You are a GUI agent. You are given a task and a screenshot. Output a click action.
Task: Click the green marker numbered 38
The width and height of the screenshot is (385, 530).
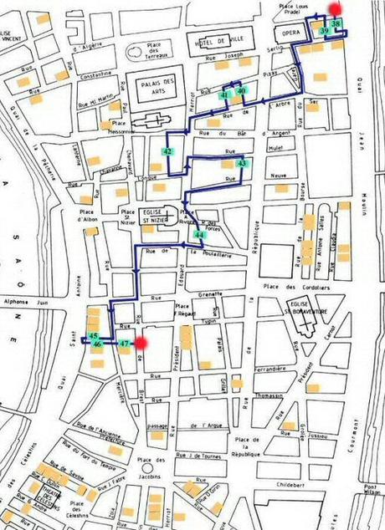(336, 25)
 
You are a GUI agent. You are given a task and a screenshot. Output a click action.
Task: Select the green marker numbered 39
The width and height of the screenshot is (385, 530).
(324, 31)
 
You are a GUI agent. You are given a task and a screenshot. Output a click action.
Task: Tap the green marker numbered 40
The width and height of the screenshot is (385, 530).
(240, 91)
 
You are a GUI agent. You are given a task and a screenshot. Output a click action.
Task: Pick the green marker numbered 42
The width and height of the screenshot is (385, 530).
(168, 151)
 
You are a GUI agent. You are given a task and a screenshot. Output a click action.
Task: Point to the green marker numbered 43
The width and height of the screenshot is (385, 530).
(242, 164)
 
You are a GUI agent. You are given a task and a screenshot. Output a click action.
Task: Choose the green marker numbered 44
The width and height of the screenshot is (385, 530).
(198, 235)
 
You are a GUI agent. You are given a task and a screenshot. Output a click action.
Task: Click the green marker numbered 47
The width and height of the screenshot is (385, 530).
(123, 343)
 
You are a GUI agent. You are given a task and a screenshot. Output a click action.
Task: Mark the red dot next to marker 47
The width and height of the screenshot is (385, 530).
(141, 342)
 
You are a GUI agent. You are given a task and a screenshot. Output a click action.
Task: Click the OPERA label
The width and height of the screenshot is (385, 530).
(291, 32)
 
